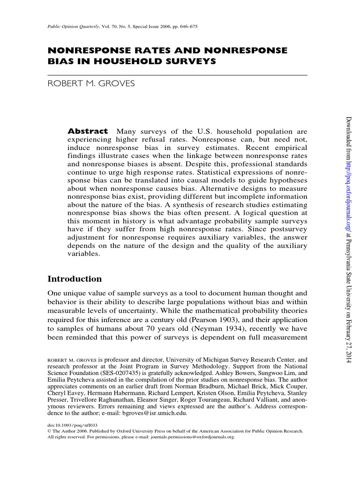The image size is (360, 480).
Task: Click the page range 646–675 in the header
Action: tap(186, 27)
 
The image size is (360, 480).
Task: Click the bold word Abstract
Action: tap(88, 132)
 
